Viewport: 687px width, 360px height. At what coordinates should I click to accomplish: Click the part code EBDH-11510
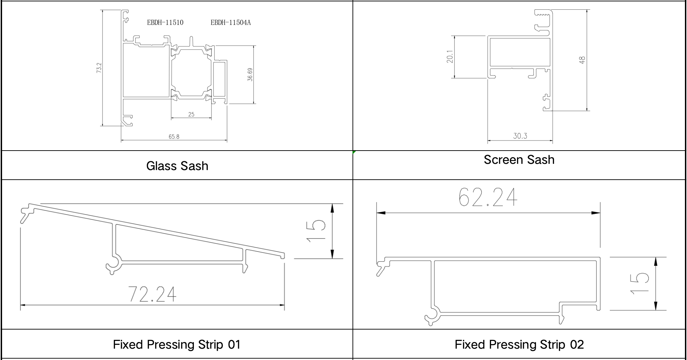point(165,23)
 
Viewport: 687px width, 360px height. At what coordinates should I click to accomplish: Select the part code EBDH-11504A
point(231,23)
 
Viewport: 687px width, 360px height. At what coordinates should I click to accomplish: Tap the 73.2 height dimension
point(99,67)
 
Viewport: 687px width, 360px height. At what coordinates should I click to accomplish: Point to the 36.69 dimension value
point(250,74)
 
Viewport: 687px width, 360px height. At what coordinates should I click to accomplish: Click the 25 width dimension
point(191,114)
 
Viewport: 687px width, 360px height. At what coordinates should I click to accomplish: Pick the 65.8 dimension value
point(174,137)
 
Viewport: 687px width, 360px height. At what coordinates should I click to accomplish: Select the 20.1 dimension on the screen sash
point(450,57)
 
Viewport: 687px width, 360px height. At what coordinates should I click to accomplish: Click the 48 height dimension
point(582,60)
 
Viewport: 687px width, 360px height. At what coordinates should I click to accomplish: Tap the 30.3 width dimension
point(520,136)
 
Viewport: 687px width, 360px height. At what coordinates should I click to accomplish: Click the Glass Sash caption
point(177,166)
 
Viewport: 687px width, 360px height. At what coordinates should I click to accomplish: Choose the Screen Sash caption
point(519,160)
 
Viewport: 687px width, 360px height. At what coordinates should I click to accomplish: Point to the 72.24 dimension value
point(152,294)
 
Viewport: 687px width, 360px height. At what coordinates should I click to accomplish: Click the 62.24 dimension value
point(488,197)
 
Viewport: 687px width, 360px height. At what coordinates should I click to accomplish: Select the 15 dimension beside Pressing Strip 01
point(316,231)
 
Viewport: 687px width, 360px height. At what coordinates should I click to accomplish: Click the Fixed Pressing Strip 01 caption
point(177,345)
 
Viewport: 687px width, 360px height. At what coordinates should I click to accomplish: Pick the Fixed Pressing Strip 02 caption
point(519,345)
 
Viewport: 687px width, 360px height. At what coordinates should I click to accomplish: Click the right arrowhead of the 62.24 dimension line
point(596,213)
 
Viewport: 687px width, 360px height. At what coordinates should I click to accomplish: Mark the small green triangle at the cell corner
point(354,152)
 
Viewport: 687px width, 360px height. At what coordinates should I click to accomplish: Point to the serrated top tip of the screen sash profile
point(543,13)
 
